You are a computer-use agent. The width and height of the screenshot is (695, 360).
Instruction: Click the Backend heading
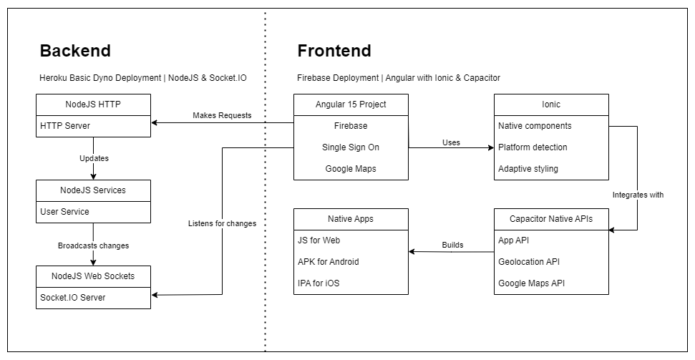click(75, 51)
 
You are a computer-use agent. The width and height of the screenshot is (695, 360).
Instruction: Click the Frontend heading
click(334, 51)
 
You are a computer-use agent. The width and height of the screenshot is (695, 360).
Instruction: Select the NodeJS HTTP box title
click(93, 104)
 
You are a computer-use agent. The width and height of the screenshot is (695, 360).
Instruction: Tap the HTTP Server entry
click(65, 126)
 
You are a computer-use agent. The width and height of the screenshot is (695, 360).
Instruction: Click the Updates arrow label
click(93, 158)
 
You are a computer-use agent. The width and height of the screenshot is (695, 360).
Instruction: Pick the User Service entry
click(65, 212)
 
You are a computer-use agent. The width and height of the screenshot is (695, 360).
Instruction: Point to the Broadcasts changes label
click(93, 245)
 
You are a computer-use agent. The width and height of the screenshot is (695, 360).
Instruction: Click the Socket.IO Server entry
click(72, 298)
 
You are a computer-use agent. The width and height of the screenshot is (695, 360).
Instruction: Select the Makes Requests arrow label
click(222, 116)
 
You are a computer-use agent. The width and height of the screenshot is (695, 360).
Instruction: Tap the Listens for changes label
click(222, 224)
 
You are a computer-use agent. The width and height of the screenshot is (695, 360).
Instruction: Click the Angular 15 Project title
click(351, 104)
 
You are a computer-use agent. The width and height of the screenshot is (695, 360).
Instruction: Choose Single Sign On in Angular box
click(351, 147)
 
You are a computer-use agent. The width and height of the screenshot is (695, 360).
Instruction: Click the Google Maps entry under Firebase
click(351, 169)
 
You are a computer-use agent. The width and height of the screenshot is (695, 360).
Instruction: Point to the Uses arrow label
click(451, 142)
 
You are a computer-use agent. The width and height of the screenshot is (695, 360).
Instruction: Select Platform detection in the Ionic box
click(533, 147)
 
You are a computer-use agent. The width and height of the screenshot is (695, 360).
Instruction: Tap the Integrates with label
click(638, 195)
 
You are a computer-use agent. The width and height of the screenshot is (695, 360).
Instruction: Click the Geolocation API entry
click(529, 262)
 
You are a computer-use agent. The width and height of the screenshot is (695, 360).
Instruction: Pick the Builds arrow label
click(452, 245)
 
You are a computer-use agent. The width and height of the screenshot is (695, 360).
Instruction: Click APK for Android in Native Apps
click(329, 262)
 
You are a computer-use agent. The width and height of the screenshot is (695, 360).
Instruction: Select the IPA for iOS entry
click(319, 283)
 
